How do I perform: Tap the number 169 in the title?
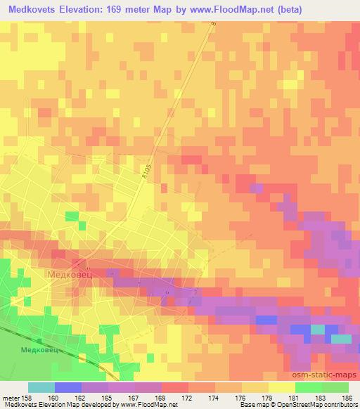(127, 11)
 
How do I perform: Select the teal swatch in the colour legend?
(41, 387)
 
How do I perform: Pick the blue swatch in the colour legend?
(67, 387)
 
